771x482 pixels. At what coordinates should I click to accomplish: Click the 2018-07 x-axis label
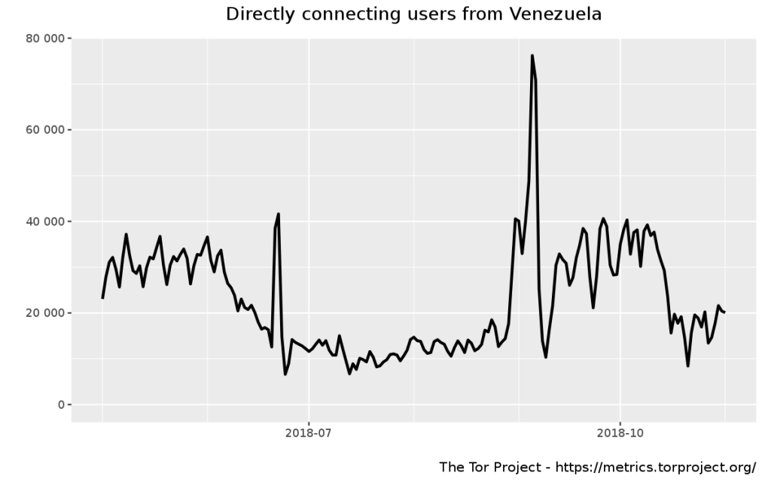pos(309,433)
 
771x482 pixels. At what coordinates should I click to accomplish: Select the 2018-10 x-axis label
pos(620,433)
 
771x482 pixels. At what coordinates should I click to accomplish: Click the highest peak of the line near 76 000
pos(532,56)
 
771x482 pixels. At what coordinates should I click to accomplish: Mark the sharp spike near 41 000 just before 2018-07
pos(279,214)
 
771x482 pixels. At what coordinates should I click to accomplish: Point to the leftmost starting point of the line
pos(102,298)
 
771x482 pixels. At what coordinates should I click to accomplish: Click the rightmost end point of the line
pos(724,312)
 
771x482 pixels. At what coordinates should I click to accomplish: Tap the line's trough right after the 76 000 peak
pos(546,357)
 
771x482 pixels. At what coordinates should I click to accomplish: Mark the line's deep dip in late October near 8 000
pos(687,366)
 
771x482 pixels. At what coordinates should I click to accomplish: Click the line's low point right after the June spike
pos(285,374)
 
